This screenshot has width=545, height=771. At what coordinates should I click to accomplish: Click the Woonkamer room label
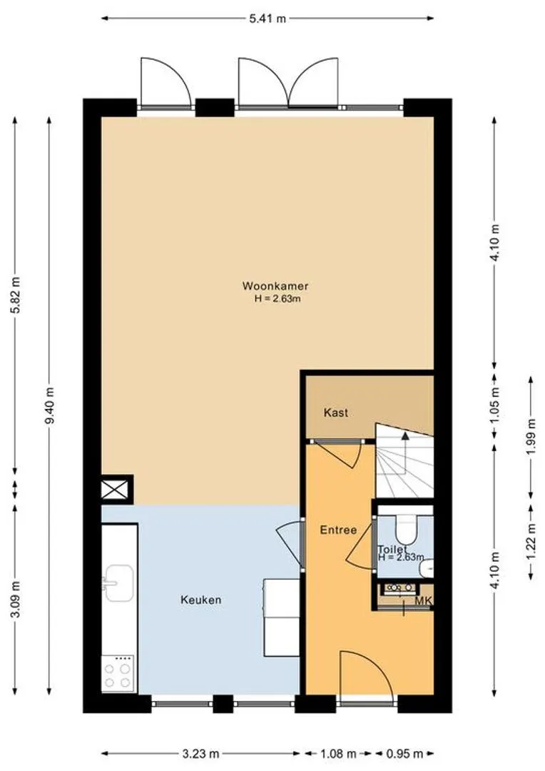click(275, 286)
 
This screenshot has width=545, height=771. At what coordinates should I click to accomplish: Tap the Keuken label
click(201, 600)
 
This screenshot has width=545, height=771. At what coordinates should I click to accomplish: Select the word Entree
click(338, 530)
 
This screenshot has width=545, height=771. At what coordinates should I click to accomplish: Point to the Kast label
click(336, 413)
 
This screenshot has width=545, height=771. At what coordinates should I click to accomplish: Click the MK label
click(423, 601)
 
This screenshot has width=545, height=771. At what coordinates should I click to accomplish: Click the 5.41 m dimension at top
click(268, 19)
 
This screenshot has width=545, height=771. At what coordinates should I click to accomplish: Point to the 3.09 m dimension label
click(16, 600)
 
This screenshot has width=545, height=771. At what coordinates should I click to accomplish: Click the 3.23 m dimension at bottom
click(200, 754)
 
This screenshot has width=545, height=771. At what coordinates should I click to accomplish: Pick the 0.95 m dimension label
click(404, 754)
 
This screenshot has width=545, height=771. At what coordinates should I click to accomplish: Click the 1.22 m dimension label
click(530, 541)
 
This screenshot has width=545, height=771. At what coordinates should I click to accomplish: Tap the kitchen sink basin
click(118, 583)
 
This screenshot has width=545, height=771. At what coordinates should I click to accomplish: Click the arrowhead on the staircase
click(405, 435)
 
